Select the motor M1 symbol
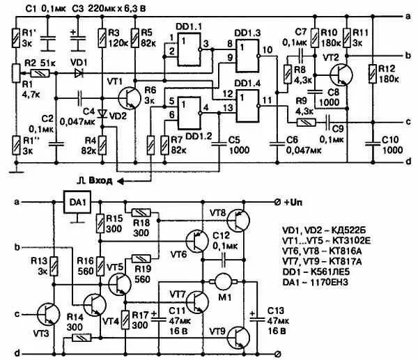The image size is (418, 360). coord(224,282)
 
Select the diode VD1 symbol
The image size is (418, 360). coord(79,71)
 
